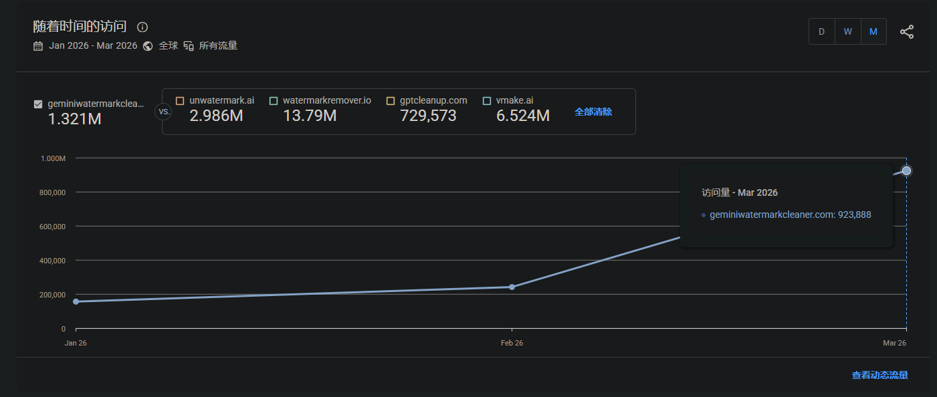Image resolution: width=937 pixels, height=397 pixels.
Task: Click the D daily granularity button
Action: click(x=821, y=31)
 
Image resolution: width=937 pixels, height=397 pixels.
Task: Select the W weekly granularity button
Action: click(x=848, y=31)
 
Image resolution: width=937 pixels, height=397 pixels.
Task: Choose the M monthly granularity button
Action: click(x=873, y=31)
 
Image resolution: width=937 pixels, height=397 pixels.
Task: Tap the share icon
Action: click(x=907, y=32)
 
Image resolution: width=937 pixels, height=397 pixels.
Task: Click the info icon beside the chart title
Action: click(x=142, y=27)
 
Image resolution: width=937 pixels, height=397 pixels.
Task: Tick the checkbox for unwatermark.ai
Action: click(x=180, y=101)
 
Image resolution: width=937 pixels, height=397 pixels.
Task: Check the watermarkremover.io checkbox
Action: click(x=274, y=101)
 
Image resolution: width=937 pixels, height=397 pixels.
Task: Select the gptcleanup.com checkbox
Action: click(x=391, y=101)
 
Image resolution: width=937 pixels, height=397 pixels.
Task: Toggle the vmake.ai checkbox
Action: click(x=487, y=101)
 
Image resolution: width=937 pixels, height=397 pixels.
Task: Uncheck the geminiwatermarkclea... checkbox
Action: click(x=38, y=104)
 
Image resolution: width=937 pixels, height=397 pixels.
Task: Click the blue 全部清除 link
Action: click(x=593, y=112)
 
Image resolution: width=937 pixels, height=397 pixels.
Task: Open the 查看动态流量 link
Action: click(x=879, y=375)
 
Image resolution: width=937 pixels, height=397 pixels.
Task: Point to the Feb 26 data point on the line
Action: click(x=512, y=287)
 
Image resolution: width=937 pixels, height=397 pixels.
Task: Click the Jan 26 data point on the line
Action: click(x=76, y=301)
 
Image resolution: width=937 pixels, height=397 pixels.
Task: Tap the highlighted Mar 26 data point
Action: click(x=906, y=170)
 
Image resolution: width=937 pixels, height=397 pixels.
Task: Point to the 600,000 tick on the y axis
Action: click(x=52, y=227)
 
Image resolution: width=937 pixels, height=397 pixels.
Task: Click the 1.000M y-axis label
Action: click(x=53, y=158)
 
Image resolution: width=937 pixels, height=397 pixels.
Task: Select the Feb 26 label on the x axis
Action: click(x=512, y=343)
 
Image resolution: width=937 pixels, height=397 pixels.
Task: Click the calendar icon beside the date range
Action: click(x=38, y=46)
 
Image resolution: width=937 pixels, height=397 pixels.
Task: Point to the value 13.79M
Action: click(x=310, y=116)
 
